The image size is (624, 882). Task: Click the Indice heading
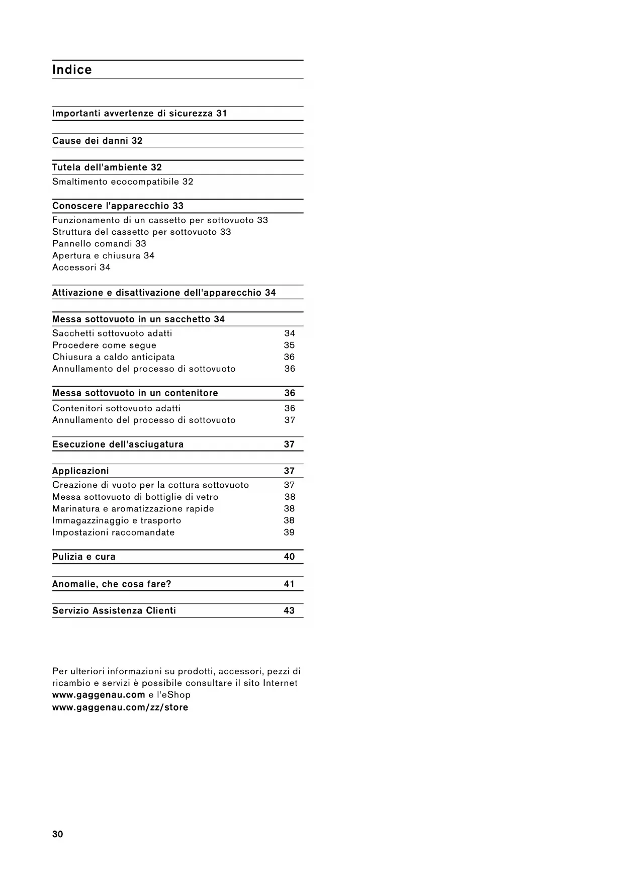coord(72,70)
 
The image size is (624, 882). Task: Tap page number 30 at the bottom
coord(58,834)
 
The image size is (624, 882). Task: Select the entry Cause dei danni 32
coord(98,141)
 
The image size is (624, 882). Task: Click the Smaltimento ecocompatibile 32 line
coord(123,182)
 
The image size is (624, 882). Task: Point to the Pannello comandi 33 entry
coord(99,244)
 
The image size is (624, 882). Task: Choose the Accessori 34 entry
coord(81,268)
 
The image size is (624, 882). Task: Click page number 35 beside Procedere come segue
coord(289,345)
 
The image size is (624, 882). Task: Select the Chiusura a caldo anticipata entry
coord(114,357)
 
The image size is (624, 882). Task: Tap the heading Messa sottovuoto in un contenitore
coord(135,393)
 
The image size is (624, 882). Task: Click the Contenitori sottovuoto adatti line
coord(116,408)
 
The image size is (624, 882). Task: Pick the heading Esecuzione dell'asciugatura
coord(118,445)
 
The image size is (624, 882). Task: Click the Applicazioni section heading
coord(80,471)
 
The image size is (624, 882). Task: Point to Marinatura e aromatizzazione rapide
coord(133,509)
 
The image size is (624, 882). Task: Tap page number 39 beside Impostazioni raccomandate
coord(289,533)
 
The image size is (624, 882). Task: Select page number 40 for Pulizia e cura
coord(289,557)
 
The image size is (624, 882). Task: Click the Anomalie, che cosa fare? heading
coord(112,584)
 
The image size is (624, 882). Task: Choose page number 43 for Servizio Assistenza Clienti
coord(289,611)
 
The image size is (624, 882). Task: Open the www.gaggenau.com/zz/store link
coord(120,708)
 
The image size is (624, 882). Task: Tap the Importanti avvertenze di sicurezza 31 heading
coord(140,114)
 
